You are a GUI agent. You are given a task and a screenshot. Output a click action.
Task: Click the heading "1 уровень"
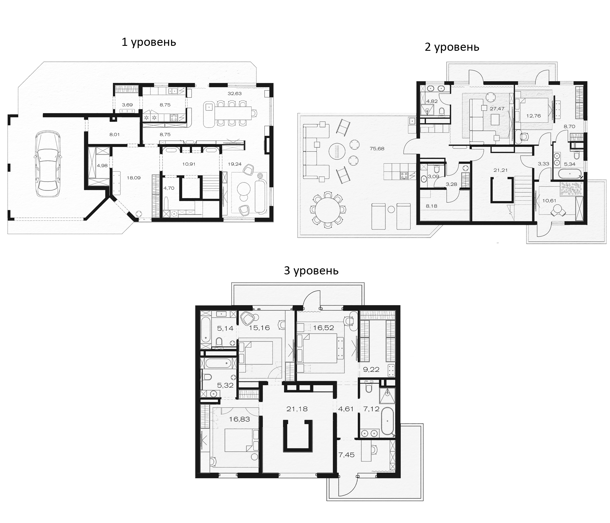click(149, 42)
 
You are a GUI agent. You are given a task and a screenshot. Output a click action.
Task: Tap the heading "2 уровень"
click(452, 47)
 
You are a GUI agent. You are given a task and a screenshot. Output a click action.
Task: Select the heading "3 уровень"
click(311, 270)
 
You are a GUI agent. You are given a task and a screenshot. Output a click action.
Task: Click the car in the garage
click(48, 164)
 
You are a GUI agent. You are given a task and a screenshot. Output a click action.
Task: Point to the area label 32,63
click(235, 94)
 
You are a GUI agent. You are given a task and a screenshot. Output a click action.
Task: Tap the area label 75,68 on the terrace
click(377, 149)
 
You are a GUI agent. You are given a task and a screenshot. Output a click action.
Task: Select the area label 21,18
click(297, 409)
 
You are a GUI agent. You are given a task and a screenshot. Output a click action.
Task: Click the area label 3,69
click(127, 105)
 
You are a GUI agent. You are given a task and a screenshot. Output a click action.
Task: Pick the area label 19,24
click(235, 164)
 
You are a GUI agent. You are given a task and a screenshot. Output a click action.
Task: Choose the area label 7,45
click(346, 455)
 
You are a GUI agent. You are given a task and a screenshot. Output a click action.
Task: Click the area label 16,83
click(239, 419)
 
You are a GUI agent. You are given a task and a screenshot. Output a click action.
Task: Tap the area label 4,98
click(102, 166)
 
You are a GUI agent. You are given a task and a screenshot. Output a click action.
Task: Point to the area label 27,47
click(497, 108)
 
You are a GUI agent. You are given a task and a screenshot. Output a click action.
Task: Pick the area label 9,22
click(371, 370)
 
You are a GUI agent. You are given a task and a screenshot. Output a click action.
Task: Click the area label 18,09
click(133, 178)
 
